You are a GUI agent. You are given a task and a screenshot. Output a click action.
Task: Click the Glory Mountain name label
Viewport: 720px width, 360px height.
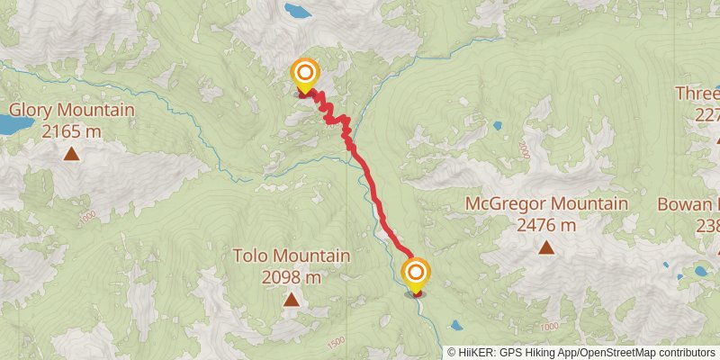[x=71, y=111]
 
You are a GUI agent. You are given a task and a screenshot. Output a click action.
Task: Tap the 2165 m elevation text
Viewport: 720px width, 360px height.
[x=71, y=131]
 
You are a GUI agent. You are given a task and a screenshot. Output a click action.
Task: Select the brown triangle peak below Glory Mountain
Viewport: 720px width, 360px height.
[x=71, y=154]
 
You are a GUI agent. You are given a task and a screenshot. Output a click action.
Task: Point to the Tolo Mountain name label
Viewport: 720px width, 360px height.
[x=291, y=256]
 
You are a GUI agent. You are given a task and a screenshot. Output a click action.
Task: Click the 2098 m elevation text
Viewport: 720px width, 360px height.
[x=291, y=277]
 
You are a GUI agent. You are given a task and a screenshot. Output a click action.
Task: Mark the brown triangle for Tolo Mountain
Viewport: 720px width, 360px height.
[x=291, y=299]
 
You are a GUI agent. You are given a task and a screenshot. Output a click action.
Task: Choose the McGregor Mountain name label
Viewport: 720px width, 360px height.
[x=545, y=203]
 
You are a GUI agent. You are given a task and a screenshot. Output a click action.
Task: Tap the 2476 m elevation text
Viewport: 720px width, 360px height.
[x=545, y=224]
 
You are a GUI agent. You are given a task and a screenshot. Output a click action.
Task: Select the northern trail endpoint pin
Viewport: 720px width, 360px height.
[x=305, y=75]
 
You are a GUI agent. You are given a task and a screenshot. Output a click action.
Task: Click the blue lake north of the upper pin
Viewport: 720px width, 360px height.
[x=296, y=11]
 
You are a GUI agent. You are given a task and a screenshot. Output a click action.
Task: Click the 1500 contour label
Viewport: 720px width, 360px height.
[x=337, y=341]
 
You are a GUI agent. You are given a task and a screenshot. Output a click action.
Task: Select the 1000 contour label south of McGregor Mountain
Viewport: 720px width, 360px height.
[x=550, y=325]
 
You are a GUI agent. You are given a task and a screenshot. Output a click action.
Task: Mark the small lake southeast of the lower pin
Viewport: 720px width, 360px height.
[x=457, y=326]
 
